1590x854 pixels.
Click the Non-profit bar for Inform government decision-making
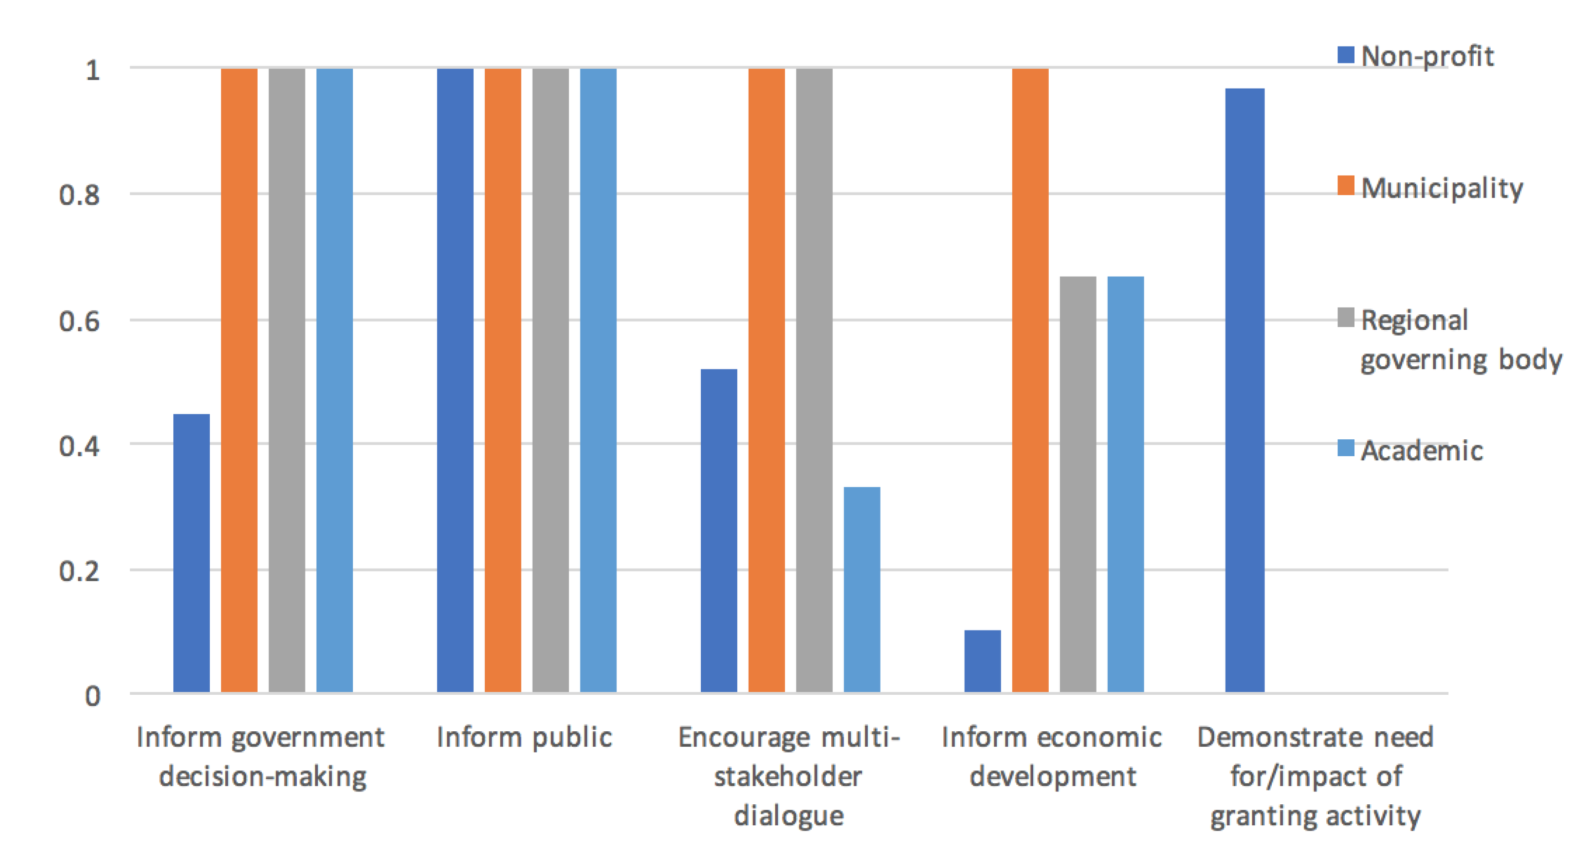(192, 552)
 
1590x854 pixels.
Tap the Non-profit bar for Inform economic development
(982, 661)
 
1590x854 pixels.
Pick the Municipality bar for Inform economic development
(1030, 380)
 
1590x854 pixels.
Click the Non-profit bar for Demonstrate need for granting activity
(1244, 390)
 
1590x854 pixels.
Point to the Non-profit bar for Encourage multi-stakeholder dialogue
(719, 531)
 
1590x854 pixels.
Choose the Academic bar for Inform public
(598, 380)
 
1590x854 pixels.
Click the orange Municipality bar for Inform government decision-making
(239, 380)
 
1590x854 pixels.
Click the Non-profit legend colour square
(1346, 55)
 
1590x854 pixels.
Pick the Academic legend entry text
(1421, 451)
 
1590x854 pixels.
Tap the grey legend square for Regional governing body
(1346, 318)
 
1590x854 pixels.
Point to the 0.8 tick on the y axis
(79, 195)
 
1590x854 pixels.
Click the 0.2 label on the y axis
(79, 571)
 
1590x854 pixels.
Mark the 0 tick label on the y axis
(92, 696)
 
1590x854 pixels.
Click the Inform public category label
(524, 737)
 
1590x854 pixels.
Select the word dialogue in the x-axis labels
(788, 816)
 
